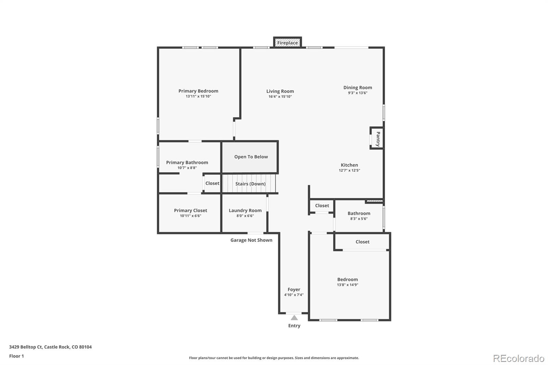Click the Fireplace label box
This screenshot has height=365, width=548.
pyautogui.click(x=287, y=43)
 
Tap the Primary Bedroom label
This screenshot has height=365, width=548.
pyautogui.click(x=198, y=91)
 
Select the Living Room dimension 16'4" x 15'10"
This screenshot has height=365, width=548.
pyautogui.click(x=280, y=97)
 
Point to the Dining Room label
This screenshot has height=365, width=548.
pyautogui.click(x=358, y=88)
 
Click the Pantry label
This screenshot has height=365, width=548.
pyautogui.click(x=378, y=139)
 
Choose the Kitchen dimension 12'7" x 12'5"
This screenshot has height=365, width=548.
pyautogui.click(x=349, y=171)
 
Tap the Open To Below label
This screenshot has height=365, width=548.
pyautogui.click(x=251, y=157)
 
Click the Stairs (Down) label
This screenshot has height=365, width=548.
pyautogui.click(x=250, y=184)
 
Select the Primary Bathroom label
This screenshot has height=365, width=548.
pyautogui.click(x=187, y=163)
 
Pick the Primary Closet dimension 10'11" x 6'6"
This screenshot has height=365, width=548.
pyautogui.click(x=190, y=216)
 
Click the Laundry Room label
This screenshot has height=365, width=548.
pyautogui.click(x=245, y=211)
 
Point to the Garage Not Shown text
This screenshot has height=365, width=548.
pyautogui.click(x=251, y=240)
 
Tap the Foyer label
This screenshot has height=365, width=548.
pyautogui.click(x=294, y=290)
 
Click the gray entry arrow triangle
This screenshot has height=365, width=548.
pyautogui.click(x=294, y=318)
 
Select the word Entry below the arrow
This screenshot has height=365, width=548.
pyautogui.click(x=294, y=326)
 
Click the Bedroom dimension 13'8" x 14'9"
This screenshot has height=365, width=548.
pyautogui.click(x=348, y=285)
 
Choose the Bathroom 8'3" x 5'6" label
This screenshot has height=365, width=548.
pyautogui.click(x=359, y=214)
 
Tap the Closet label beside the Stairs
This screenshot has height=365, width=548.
pyautogui.click(x=212, y=183)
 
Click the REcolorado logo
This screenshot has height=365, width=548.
pyautogui.click(x=519, y=358)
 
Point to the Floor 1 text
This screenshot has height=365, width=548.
pyautogui.click(x=16, y=356)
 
